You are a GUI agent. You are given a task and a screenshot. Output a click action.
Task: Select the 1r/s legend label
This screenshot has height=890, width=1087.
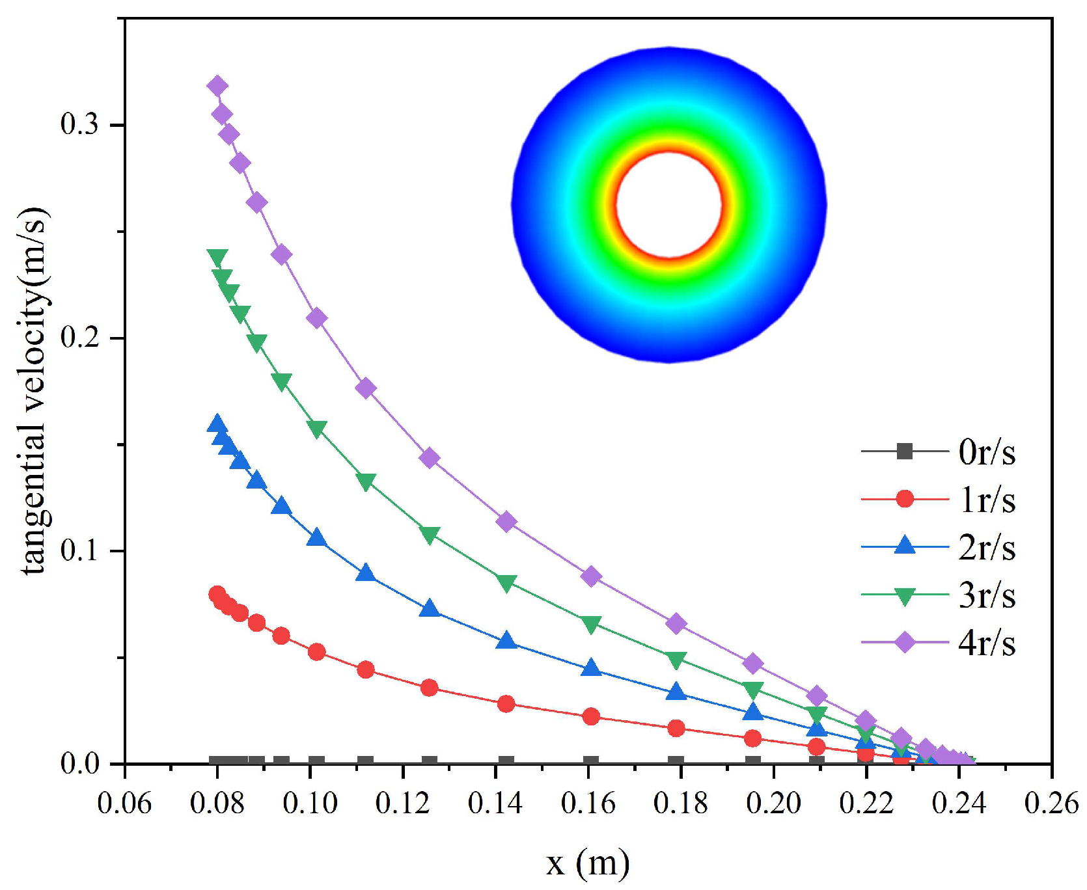[x=986, y=500]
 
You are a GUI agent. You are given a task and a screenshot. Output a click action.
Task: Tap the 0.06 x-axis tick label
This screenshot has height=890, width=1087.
[x=124, y=803]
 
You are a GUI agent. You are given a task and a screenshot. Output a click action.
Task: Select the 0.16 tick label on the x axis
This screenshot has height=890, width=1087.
[x=588, y=803]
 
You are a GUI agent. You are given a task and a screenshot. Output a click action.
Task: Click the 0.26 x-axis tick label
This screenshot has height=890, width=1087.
[x=1051, y=803]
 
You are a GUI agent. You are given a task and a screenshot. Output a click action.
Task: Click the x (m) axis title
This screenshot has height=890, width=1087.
[x=588, y=863]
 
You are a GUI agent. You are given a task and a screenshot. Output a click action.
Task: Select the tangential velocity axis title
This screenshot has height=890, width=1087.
[x=34, y=390]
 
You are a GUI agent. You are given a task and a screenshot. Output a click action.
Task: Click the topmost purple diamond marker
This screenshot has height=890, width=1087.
[x=217, y=86]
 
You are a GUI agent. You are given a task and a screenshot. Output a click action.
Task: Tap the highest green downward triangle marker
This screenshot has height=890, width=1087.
[x=217, y=258]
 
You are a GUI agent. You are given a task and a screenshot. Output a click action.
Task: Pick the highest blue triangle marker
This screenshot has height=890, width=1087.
[x=217, y=424]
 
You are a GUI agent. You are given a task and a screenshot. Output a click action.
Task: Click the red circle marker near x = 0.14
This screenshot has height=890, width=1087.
[x=506, y=703]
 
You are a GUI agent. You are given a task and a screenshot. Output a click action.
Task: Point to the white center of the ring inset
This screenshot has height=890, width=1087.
[x=668, y=205]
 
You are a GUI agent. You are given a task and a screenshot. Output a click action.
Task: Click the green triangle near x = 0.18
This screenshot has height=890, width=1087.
[x=676, y=660]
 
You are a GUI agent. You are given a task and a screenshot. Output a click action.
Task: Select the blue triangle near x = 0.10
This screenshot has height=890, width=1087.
[x=316, y=537]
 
